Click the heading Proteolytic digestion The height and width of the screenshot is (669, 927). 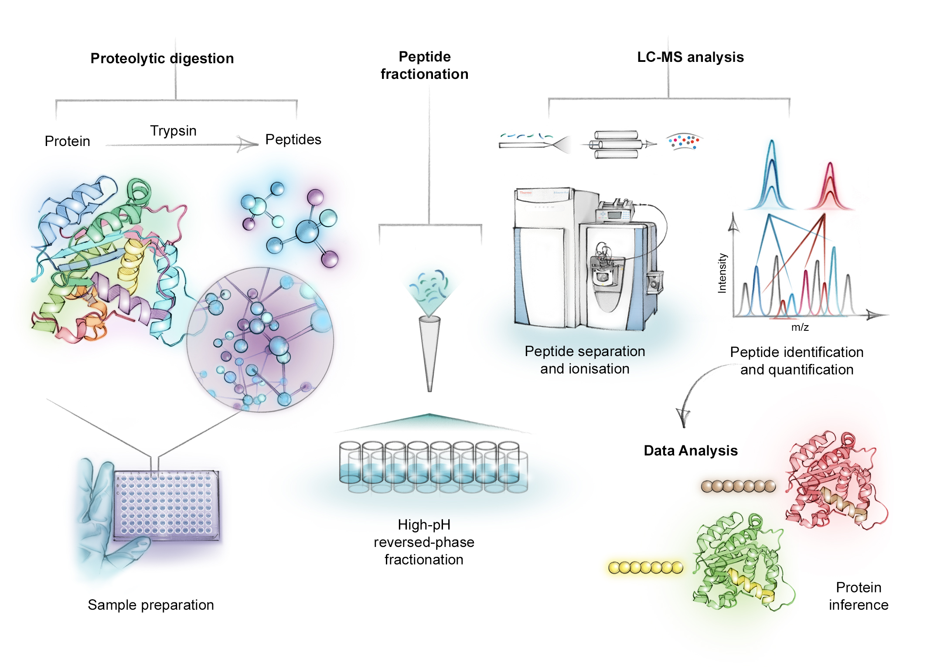[162, 58]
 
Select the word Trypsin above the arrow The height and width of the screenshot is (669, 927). [173, 131]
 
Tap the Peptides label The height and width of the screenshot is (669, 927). [293, 139]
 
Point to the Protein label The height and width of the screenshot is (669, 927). [67, 141]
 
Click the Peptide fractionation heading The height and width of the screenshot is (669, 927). [424, 65]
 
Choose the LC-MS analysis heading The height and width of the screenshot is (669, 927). [690, 57]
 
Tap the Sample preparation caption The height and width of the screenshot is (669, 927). [150, 605]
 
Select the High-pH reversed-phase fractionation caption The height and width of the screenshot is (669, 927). [424, 542]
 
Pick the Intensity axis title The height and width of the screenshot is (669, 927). [722, 273]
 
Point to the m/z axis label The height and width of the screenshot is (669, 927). [800, 327]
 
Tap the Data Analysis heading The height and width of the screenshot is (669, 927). [691, 451]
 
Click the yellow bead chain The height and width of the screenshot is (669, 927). [645, 567]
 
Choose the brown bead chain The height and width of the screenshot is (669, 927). [738, 486]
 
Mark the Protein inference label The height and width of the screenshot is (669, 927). [858, 596]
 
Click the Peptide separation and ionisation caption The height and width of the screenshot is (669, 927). [585, 360]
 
